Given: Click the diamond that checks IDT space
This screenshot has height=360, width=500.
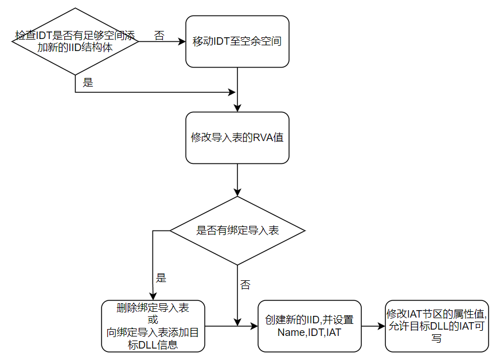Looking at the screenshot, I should coord(75,41).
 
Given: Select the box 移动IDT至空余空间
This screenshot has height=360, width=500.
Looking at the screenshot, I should coord(237,42).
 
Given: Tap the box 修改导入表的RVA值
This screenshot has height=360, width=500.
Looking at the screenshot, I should coord(237,138).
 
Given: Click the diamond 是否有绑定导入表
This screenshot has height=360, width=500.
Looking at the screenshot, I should coord(237,230).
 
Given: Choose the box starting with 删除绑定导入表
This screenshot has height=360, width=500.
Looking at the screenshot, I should coord(153,326).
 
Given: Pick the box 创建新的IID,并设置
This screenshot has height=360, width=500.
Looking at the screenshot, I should coord(310,326).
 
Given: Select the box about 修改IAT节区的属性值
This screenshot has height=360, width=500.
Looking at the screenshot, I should coord(437,326).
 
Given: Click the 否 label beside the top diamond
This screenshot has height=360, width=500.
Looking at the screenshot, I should coord(159,36).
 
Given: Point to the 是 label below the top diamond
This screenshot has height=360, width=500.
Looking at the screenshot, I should coord(88,82).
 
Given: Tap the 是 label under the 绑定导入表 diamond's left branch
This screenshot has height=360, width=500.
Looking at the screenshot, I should coord(161,278).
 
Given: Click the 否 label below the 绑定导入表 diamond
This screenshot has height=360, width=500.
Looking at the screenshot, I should coord(245,285).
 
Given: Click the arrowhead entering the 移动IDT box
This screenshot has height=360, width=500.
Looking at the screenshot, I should coord(182,42).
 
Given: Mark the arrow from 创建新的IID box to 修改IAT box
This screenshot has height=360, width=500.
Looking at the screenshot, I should coord(373,326).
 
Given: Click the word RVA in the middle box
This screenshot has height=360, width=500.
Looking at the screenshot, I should coord(263,138).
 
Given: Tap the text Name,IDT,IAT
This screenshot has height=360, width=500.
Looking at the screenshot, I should coord(309,332).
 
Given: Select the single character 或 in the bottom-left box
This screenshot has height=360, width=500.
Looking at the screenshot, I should coord(153,319).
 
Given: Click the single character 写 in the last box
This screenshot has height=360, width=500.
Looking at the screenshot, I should coord(437,338).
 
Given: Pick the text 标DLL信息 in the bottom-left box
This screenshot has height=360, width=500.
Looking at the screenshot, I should coord(153,344).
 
